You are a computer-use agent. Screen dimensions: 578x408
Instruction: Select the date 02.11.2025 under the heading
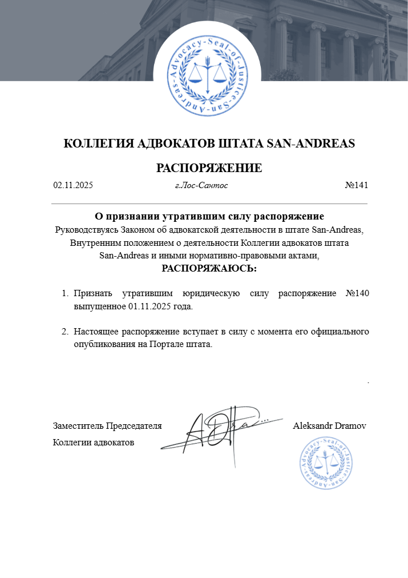tap(73, 185)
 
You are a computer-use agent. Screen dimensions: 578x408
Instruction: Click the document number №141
tap(357, 185)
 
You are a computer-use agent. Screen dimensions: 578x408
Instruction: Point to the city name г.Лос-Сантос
tap(201, 185)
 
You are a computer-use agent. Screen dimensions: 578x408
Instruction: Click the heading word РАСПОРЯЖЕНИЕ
tap(209, 168)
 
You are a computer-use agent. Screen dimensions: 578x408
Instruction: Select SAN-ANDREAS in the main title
tap(311, 143)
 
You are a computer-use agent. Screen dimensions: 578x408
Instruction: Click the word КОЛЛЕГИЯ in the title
tap(98, 143)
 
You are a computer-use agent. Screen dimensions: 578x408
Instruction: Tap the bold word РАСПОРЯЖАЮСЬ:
tap(209, 268)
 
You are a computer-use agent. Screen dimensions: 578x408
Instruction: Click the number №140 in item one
tap(358, 294)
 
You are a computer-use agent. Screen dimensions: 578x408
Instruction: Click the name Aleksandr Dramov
tap(329, 426)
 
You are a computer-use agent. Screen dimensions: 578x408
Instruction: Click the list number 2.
tap(64, 332)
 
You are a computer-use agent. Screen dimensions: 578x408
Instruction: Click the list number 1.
tap(64, 294)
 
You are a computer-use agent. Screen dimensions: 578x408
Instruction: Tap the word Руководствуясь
tap(86, 230)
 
